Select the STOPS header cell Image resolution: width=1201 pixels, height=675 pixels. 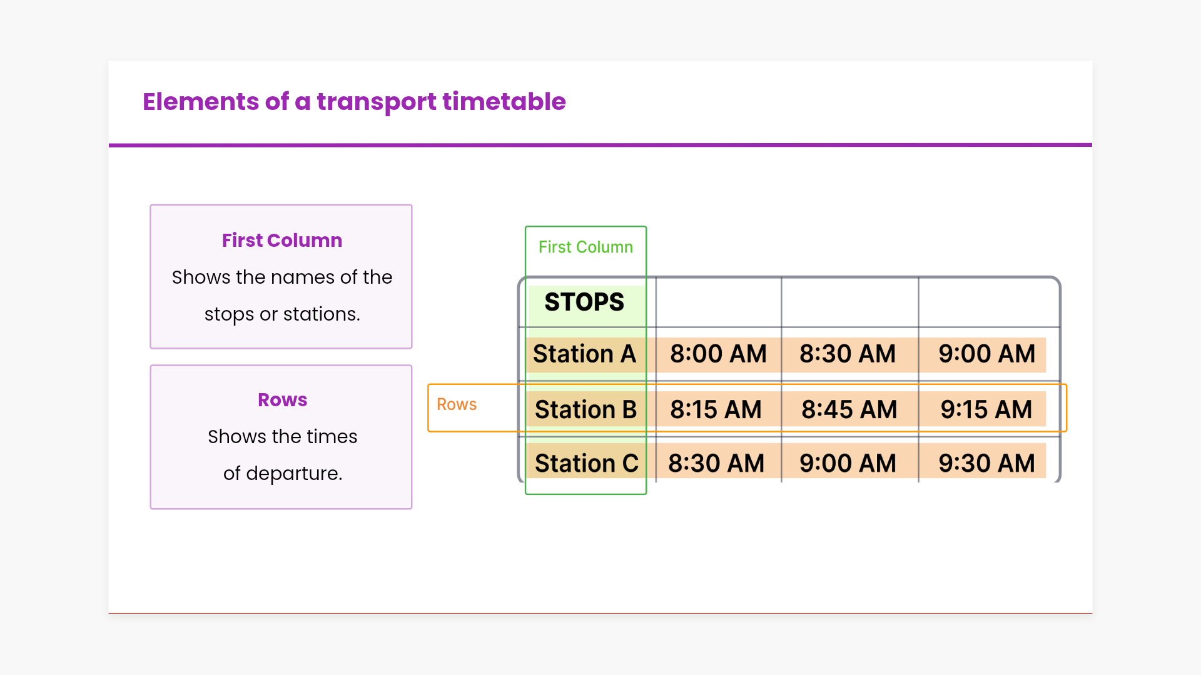click(x=584, y=302)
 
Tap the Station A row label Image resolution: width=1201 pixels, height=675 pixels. click(x=584, y=354)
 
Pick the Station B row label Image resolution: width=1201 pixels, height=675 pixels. click(x=585, y=409)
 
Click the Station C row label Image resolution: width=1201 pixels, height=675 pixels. click(x=587, y=463)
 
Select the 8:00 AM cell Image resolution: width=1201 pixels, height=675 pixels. click(x=718, y=354)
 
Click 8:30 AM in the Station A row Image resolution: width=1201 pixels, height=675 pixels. click(x=848, y=354)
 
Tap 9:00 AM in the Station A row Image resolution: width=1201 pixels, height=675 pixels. click(x=986, y=354)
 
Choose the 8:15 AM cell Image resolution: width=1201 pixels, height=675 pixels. click(x=716, y=409)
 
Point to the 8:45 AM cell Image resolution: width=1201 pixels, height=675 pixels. click(x=849, y=409)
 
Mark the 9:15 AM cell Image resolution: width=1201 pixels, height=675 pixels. click(x=986, y=409)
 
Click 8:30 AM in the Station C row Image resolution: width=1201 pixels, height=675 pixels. click(x=716, y=463)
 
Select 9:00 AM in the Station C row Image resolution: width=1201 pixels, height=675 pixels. click(x=848, y=463)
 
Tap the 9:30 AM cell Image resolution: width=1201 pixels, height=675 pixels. click(x=986, y=463)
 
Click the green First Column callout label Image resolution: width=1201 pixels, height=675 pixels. click(x=585, y=247)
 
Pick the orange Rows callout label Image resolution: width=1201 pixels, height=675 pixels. click(x=457, y=404)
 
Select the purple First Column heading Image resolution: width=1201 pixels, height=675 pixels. click(x=282, y=241)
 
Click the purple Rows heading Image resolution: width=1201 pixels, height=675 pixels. click(x=283, y=400)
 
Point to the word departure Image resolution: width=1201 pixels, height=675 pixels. click(x=294, y=474)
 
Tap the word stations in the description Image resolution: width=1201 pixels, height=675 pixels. click(x=322, y=314)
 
